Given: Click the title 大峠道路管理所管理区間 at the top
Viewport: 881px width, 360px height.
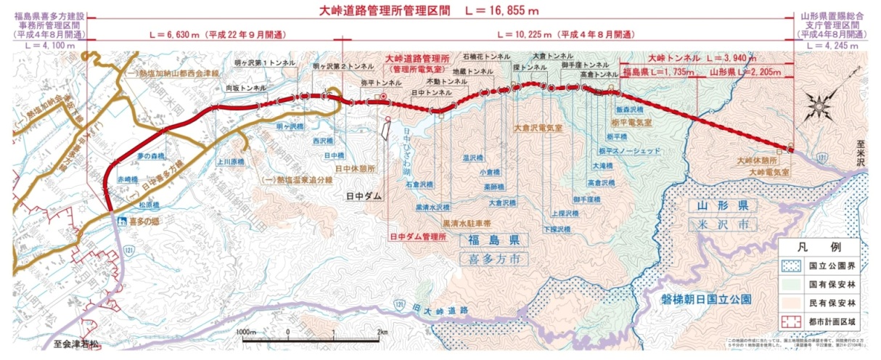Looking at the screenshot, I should [x=390, y=12].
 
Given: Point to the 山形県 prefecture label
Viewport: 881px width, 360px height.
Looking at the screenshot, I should [x=716, y=207].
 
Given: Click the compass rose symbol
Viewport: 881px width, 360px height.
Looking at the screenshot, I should [x=821, y=106].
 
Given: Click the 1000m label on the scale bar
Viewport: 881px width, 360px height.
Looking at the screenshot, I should [x=247, y=332].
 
